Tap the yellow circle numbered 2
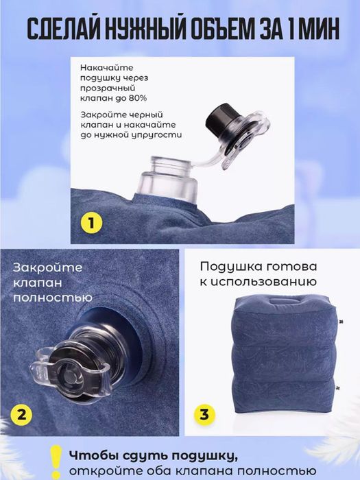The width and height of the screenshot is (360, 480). (22, 413)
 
